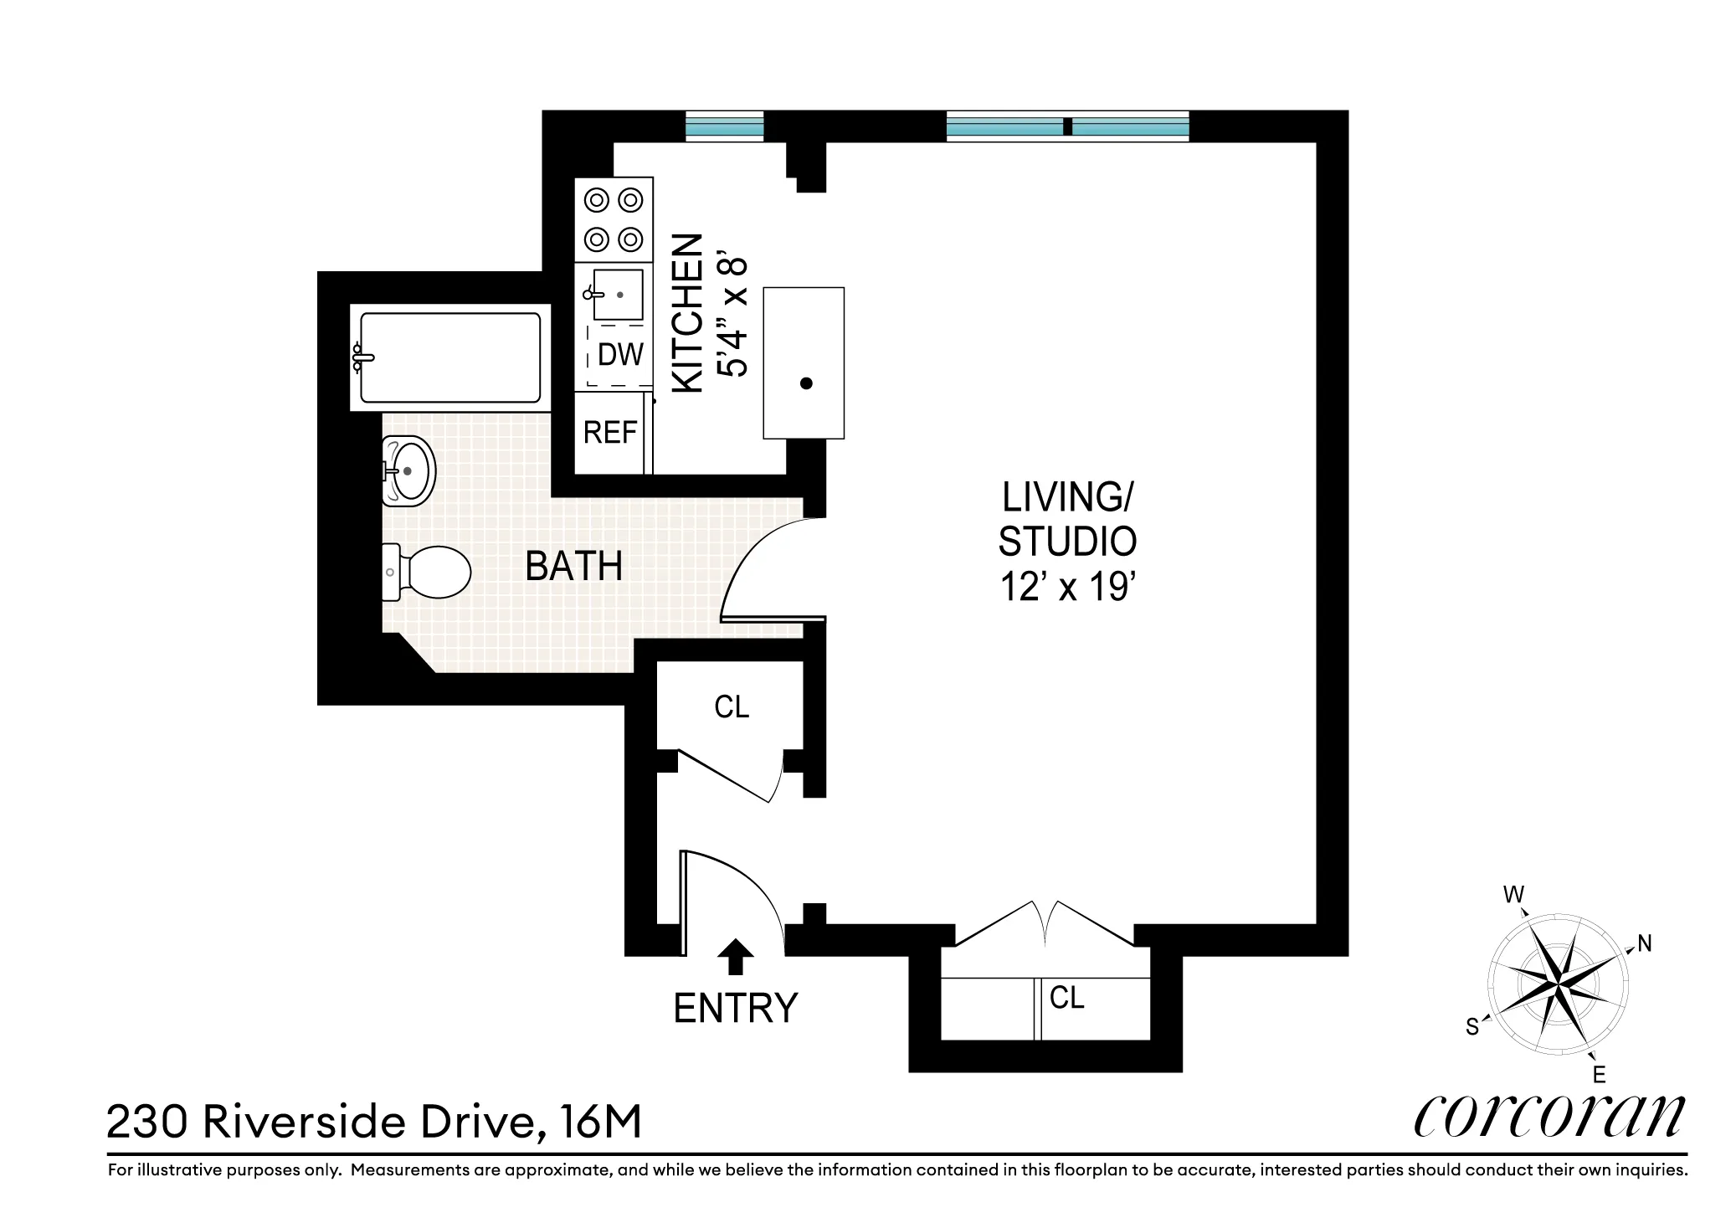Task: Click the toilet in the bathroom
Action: pos(427,573)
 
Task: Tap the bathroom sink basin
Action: pos(408,470)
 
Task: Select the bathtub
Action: pos(450,357)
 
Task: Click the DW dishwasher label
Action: pos(620,355)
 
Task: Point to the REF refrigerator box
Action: pos(610,433)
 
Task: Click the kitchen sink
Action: pos(618,294)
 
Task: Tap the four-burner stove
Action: pos(614,220)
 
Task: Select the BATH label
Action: pos(573,567)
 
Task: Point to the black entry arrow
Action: pos(736,957)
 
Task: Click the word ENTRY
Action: pos(736,1008)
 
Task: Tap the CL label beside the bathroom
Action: pos(732,707)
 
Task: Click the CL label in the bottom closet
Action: pos(1066,997)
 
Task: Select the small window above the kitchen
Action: pos(724,126)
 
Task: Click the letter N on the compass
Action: pos(1644,944)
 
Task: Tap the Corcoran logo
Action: pos(1549,1117)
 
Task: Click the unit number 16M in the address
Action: pos(596,1123)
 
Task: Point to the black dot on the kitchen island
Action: pos(806,383)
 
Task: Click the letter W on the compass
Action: pos(1513,895)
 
